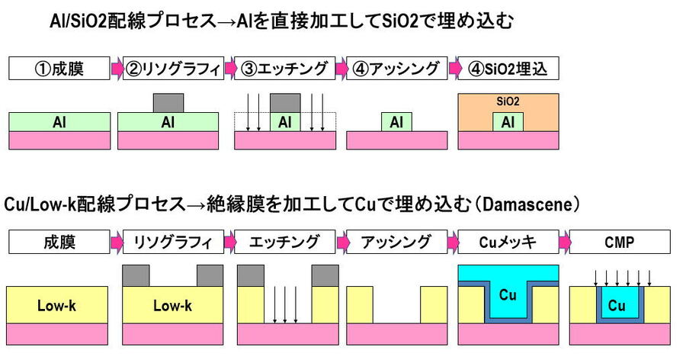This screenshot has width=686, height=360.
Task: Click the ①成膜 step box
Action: (x=59, y=69)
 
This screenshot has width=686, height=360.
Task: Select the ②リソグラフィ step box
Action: (x=171, y=69)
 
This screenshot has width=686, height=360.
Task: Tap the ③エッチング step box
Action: (x=284, y=69)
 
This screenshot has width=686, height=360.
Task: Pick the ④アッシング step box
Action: (x=396, y=69)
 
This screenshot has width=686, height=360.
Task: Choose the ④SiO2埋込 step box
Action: (x=508, y=69)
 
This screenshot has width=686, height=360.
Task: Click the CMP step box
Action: (x=620, y=243)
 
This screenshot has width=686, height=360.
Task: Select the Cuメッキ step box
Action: (x=508, y=243)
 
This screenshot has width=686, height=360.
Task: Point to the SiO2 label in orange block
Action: (x=508, y=100)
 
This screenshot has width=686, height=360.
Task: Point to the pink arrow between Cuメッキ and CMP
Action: (x=564, y=243)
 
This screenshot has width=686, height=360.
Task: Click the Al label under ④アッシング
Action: (x=396, y=122)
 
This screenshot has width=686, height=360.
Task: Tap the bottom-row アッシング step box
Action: (x=396, y=243)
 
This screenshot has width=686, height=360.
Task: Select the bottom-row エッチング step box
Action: (x=284, y=243)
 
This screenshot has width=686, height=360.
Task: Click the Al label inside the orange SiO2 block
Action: (x=508, y=122)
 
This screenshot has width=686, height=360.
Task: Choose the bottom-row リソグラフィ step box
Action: (x=172, y=243)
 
